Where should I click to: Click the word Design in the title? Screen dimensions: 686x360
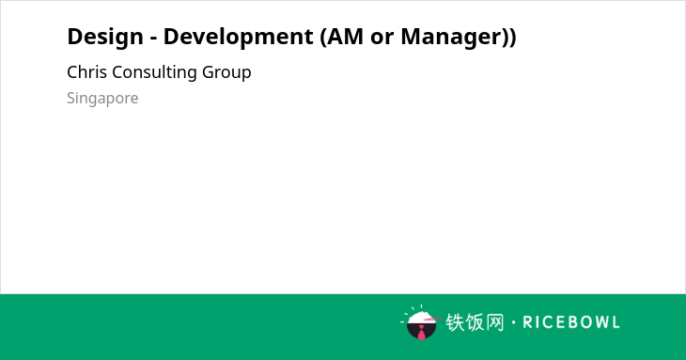tap(105, 38)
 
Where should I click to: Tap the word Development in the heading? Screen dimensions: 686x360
tap(238, 38)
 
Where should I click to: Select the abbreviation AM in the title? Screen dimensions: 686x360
tap(345, 37)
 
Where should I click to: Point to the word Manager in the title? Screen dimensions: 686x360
tap(451, 38)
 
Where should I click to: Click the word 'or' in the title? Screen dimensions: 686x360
tap(382, 39)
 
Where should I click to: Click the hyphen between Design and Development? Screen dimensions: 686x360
tap(153, 39)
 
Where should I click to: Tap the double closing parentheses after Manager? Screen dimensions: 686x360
tap(508, 38)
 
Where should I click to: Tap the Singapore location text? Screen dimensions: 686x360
tap(102, 99)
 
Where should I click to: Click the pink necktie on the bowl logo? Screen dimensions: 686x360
tap(421, 333)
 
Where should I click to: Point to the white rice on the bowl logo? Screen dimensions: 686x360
tap(420, 318)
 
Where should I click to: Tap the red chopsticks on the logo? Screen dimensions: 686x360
tap(432, 320)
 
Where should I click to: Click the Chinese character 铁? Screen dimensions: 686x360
tap(455, 322)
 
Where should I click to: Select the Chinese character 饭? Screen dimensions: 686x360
tap(475, 322)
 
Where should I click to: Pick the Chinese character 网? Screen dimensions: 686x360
tap(494, 322)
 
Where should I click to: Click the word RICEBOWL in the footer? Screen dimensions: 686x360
tap(571, 322)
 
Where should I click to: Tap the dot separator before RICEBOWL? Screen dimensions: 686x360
tap(513, 322)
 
